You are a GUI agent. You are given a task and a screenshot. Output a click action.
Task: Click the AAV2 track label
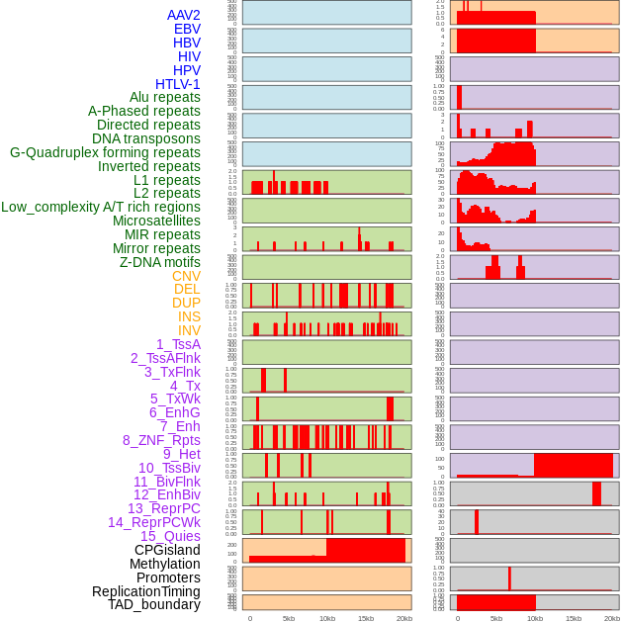coord(183,15)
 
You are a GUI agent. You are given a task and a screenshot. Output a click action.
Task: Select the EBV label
coord(187,29)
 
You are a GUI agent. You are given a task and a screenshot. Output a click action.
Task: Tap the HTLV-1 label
coord(177,84)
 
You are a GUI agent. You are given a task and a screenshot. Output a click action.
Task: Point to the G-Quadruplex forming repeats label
coord(105,152)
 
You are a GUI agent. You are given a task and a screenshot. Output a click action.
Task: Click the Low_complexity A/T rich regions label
coord(101,207)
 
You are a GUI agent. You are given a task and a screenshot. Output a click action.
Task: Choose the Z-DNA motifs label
coord(159,262)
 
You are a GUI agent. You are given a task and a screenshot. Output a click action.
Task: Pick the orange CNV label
coord(186,276)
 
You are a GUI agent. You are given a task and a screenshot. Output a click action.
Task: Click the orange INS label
coord(189,316)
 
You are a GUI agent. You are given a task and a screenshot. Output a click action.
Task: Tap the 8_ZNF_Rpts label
coord(161,440)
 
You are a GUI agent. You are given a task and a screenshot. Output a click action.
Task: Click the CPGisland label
coord(167,550)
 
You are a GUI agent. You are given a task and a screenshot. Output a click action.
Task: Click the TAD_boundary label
coord(153,604)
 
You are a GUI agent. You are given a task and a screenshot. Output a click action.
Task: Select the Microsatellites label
coord(156,221)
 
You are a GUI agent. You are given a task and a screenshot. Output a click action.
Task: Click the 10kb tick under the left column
coord(326,618)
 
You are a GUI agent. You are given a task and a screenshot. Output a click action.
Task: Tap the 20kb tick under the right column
coord(612,618)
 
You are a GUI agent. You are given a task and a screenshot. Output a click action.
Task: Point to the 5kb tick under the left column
coord(289,618)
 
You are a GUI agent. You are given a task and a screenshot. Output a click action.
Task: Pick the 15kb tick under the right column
coord(574,618)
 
